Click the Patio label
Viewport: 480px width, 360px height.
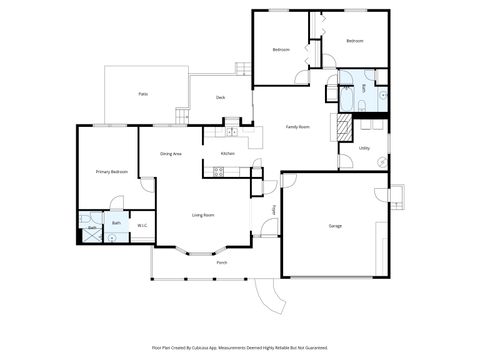[x=143, y=93]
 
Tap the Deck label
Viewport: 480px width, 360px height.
[x=220, y=97]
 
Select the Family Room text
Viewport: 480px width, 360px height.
[x=297, y=127]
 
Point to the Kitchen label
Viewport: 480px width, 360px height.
[x=227, y=153]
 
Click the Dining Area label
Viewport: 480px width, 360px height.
[x=171, y=153]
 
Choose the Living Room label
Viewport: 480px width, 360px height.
[x=203, y=214]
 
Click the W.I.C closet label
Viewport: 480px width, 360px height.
[x=142, y=225]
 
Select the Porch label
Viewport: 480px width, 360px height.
[x=221, y=263]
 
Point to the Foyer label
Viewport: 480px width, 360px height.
[x=274, y=210]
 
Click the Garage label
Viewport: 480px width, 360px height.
[x=335, y=226]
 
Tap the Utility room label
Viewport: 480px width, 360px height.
[x=364, y=148]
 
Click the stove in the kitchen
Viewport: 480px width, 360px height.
[x=219, y=171]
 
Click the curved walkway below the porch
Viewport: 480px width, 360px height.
[x=266, y=295]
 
